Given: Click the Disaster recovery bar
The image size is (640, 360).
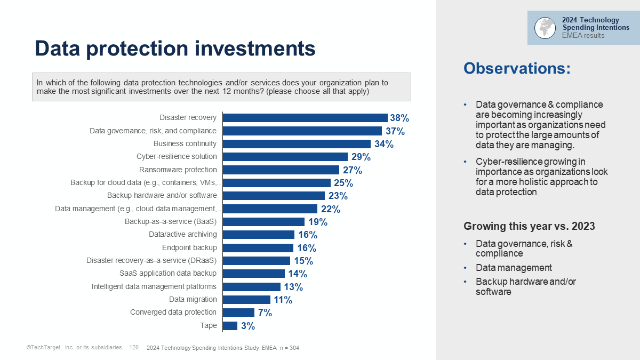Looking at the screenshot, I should click(305, 118).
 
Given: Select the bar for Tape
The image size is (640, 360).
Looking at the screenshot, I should click(230, 325).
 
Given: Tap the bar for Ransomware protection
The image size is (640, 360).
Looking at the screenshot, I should click(281, 170).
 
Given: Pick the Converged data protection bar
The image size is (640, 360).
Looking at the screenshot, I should click(238, 313).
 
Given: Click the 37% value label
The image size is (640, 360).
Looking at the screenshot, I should click(395, 131).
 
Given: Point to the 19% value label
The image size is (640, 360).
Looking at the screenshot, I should click(318, 222).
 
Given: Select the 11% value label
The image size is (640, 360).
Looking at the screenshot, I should click(283, 300).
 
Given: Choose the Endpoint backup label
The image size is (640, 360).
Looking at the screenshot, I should click(189, 247).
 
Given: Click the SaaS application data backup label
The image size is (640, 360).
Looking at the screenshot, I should click(168, 274).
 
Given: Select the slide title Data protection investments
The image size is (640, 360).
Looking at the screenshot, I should click(175, 49).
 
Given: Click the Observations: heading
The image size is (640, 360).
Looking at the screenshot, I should click(517, 68).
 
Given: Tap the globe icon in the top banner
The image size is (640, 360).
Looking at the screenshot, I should click(545, 28).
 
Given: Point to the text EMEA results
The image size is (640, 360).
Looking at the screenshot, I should click(583, 36).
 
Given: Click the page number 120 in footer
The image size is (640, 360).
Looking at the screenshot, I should click(134, 348).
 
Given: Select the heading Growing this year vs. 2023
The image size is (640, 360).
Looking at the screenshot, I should click(529, 226).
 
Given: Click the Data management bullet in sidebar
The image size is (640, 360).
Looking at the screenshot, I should click(514, 268).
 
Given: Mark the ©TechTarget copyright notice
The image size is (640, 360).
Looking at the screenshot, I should click(74, 348).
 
